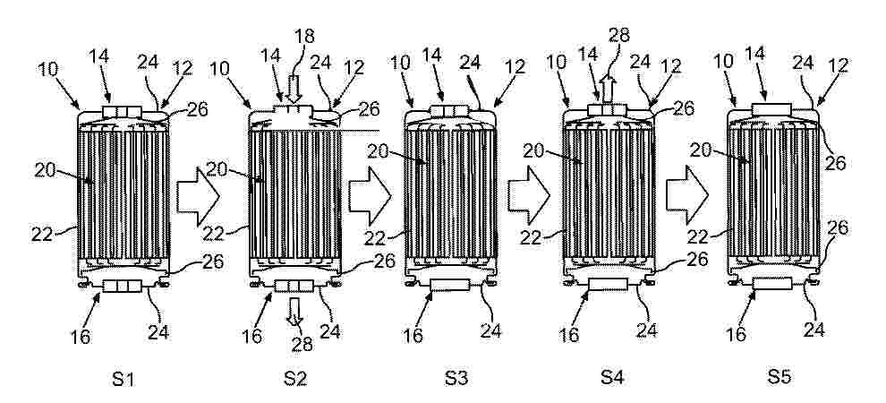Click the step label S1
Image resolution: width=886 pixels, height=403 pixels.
click(x=123, y=379)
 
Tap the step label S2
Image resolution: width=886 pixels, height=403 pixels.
click(x=295, y=379)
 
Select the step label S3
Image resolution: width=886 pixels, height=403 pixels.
click(x=456, y=379)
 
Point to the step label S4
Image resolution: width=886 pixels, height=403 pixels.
click(x=612, y=379)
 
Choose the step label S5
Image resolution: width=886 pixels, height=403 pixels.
click(x=779, y=379)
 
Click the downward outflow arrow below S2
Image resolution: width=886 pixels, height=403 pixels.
click(x=294, y=311)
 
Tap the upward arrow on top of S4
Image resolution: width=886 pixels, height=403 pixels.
click(x=608, y=90)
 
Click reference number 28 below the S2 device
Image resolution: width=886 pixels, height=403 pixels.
click(x=302, y=343)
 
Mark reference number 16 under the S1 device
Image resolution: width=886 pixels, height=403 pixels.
click(x=81, y=337)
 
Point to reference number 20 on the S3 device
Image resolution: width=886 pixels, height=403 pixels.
click(x=378, y=151)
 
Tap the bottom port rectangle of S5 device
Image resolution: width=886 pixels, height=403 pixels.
click(x=772, y=284)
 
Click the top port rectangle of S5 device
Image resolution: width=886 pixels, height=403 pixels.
click(x=771, y=109)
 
